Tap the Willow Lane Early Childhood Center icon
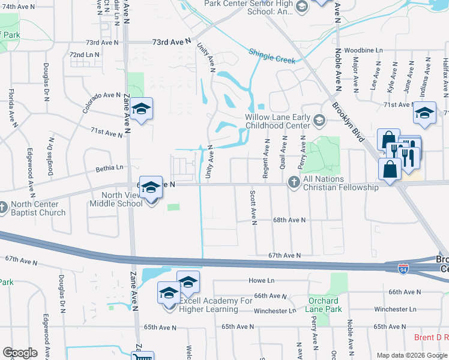pos(319,122)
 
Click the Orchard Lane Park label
pos(325,304)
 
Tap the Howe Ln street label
pos(262,281)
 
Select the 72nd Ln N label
pos(84,55)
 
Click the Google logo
pos(20,353)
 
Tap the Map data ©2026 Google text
pos(411,355)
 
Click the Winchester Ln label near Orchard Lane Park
pos(275,311)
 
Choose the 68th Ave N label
pos(289,220)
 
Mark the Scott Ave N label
pos(253,208)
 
